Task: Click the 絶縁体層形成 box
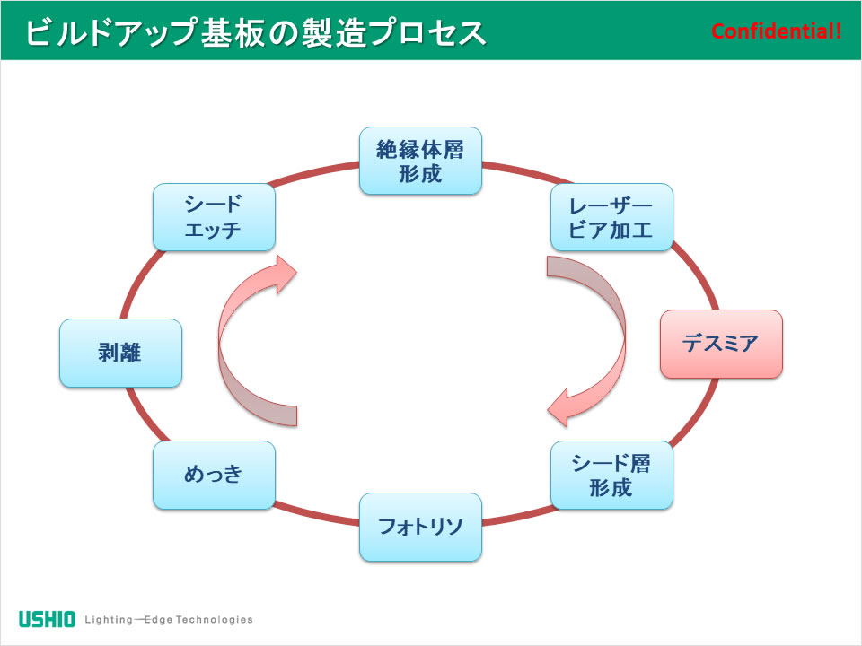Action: click(x=420, y=161)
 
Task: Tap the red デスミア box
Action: click(x=721, y=344)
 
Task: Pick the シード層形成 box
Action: click(x=611, y=475)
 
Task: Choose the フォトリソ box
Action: click(x=420, y=527)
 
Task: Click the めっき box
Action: click(x=214, y=475)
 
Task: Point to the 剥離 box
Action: click(x=120, y=353)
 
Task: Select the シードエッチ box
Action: click(x=214, y=217)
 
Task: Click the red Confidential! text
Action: click(x=776, y=31)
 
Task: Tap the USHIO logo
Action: click(x=47, y=619)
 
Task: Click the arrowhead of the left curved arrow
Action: click(x=285, y=275)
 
